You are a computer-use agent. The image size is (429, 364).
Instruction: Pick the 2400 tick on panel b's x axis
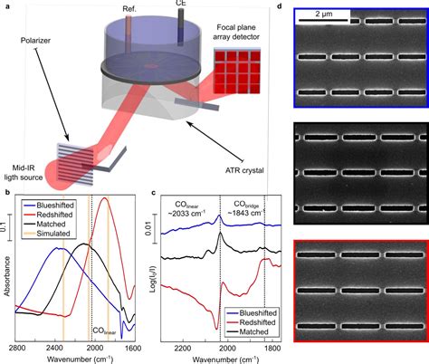[x=53, y=348]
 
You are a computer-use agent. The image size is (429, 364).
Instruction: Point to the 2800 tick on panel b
[x=14, y=348]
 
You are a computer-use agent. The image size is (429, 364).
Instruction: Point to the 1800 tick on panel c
[x=267, y=348]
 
